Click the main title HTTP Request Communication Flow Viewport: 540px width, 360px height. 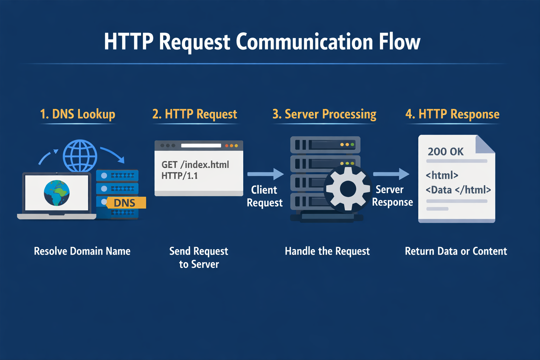262,42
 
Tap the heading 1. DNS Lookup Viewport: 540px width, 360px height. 78,114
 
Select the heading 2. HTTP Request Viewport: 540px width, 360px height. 195,114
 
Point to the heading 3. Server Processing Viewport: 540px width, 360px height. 324,114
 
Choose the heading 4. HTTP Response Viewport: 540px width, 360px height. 452,114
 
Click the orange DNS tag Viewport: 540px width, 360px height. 125,203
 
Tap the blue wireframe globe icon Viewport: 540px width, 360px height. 80,156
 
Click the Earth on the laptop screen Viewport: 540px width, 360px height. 57,193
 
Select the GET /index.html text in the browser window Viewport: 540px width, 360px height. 195,165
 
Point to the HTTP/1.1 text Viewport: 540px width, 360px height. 180,176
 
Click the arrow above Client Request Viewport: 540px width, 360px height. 265,174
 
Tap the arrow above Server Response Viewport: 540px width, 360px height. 391,174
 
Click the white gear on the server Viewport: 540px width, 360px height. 348,189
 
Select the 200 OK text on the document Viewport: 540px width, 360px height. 445,152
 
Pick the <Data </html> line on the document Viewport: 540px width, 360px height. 458,190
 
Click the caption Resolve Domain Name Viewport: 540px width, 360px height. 82,251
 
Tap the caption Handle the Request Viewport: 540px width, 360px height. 327,251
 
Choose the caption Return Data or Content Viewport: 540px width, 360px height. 456,251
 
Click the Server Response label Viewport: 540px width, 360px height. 392,196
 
